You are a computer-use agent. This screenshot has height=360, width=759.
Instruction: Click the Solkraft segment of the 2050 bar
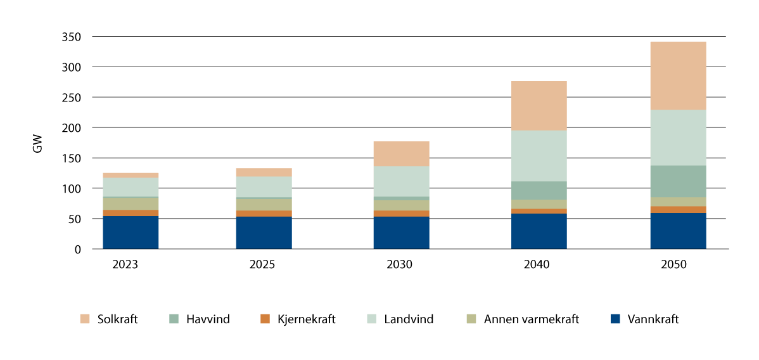click(678, 75)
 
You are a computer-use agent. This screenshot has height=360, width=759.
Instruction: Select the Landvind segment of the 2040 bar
click(539, 156)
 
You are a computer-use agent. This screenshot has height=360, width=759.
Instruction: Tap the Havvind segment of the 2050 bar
click(678, 181)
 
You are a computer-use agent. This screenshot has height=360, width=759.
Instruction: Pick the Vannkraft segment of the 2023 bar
click(131, 233)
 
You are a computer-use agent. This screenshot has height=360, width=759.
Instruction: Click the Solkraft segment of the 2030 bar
click(401, 154)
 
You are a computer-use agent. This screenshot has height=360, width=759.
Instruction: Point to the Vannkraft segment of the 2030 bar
click(401, 233)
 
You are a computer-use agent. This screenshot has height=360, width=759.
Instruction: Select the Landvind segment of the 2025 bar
click(264, 187)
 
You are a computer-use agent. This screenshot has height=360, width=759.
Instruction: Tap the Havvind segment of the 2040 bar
click(539, 191)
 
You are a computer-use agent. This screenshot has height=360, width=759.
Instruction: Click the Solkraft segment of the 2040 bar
click(539, 106)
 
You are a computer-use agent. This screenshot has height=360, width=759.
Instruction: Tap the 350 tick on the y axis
click(73, 37)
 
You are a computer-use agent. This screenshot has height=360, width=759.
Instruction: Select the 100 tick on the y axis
click(73, 189)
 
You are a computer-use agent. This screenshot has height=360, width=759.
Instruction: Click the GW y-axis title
click(38, 144)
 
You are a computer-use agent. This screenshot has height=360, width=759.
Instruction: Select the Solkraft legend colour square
click(84, 319)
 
